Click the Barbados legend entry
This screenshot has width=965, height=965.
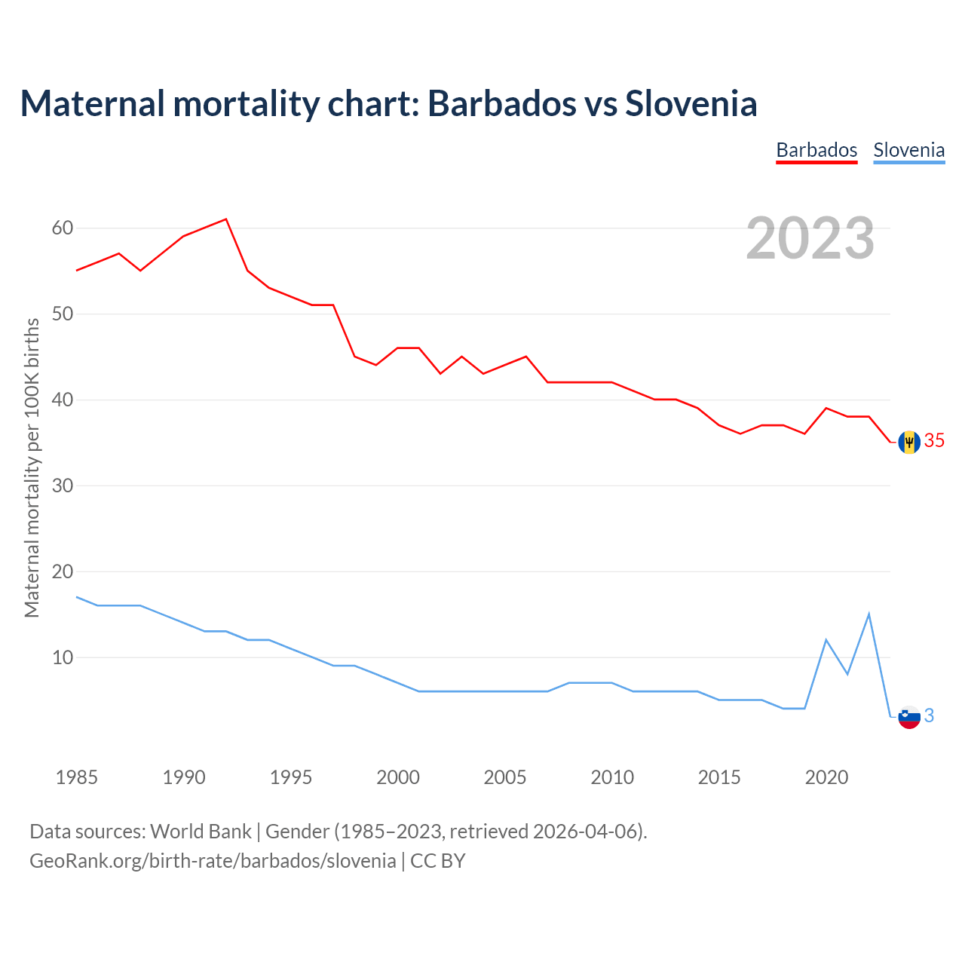pyautogui.click(x=816, y=150)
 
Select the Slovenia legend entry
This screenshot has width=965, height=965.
pyautogui.click(x=908, y=150)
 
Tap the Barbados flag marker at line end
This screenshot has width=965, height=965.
pyautogui.click(x=909, y=442)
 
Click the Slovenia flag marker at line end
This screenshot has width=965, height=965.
pyautogui.click(x=909, y=717)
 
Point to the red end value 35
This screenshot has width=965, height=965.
pyautogui.click(x=934, y=441)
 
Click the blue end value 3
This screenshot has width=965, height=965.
pyautogui.click(x=929, y=716)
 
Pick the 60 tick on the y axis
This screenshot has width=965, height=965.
pyautogui.click(x=63, y=228)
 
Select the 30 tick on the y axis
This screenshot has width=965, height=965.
pyautogui.click(x=63, y=486)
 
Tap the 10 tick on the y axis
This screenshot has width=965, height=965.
pyautogui.click(x=63, y=657)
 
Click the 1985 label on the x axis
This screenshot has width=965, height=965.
pyautogui.click(x=77, y=777)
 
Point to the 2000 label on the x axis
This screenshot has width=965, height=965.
pyautogui.click(x=398, y=777)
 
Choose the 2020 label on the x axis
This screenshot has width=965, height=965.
pyautogui.click(x=826, y=777)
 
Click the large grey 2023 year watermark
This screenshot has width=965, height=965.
pyautogui.click(x=810, y=238)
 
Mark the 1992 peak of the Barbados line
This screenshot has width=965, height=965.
pyautogui.click(x=226, y=219)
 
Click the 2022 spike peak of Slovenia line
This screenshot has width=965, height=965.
pyautogui.click(x=869, y=614)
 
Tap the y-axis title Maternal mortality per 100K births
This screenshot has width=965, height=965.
pyautogui.click(x=32, y=467)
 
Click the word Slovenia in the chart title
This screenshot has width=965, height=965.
pyautogui.click(x=691, y=103)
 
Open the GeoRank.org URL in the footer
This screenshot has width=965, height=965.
pyautogui.click(x=213, y=861)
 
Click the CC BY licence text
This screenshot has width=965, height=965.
pyautogui.click(x=438, y=861)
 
